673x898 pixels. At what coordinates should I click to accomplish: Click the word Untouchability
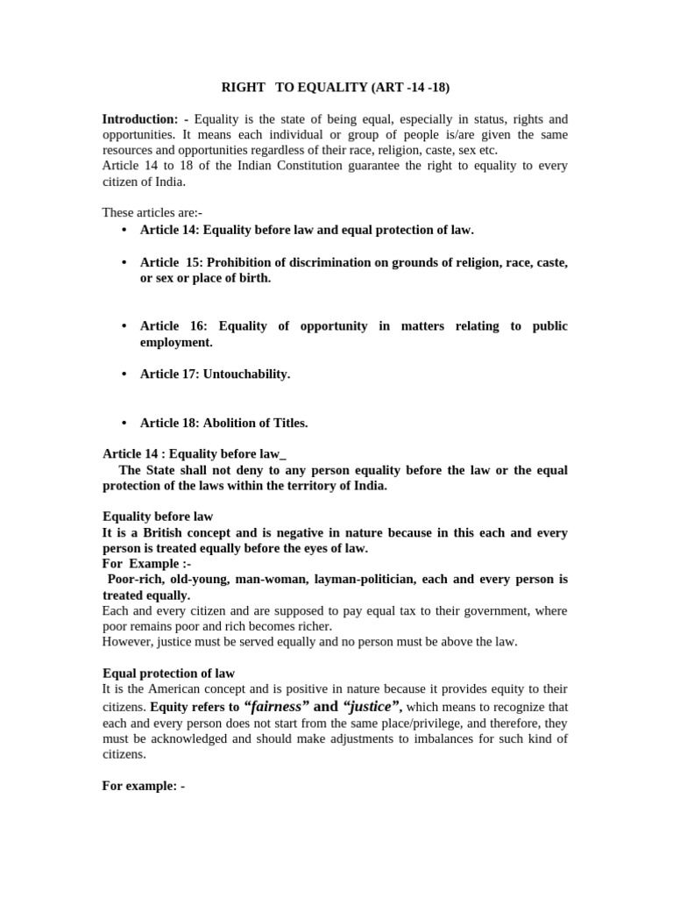click(x=246, y=374)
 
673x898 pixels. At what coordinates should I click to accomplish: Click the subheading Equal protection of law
click(x=168, y=673)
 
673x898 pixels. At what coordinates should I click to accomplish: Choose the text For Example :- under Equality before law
click(x=146, y=563)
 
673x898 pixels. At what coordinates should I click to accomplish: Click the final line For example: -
click(x=144, y=786)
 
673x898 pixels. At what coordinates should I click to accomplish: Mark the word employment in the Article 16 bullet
click(x=176, y=342)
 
